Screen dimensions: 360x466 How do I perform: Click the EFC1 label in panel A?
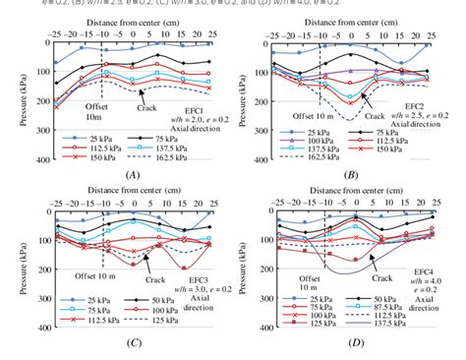(193, 111)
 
